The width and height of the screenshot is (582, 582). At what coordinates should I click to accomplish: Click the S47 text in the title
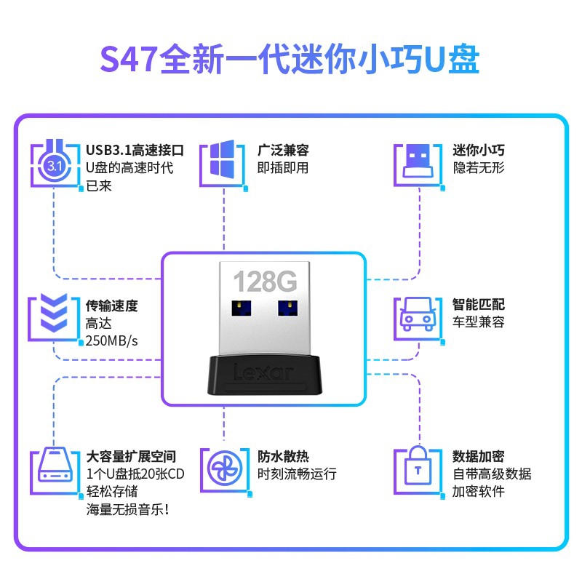(129, 60)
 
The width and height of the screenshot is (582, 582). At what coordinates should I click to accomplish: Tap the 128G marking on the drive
(265, 282)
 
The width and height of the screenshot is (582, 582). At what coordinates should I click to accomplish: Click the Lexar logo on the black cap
(263, 372)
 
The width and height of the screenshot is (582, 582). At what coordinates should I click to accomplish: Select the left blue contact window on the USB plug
(242, 308)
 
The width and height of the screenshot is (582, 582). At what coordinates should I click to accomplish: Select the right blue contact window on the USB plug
(287, 308)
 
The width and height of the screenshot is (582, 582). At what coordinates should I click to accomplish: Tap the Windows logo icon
(222, 159)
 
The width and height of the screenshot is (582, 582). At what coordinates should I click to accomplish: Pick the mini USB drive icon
(418, 161)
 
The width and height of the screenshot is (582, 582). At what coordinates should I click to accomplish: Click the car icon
(418, 314)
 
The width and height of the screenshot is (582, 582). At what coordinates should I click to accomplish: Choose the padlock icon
(418, 466)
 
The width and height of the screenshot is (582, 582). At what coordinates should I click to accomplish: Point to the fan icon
(225, 469)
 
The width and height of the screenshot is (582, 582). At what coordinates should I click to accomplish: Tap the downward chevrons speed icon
(54, 313)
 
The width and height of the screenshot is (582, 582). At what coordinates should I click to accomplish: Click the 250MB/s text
(111, 340)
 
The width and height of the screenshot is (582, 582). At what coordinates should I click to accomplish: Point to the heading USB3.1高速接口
(135, 150)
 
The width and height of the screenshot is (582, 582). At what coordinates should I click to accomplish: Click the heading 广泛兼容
(283, 150)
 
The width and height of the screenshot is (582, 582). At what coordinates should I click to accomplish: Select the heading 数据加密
(478, 456)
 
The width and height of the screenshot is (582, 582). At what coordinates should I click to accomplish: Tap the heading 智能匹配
(478, 304)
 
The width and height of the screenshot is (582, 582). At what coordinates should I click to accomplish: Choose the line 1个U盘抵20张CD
(135, 474)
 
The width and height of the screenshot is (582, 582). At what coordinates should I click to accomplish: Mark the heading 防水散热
(283, 456)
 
